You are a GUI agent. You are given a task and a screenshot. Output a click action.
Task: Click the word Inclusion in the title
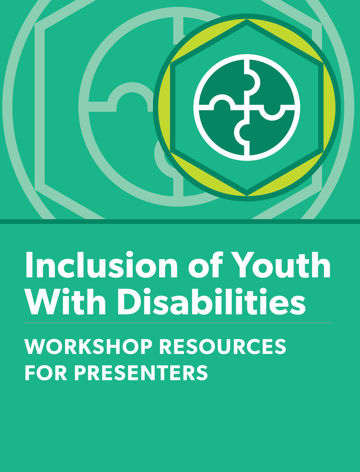tap(102, 265)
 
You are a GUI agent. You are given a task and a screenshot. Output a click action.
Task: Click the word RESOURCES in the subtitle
tap(223, 347)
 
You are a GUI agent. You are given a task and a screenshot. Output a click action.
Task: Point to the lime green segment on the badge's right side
tap(330, 108)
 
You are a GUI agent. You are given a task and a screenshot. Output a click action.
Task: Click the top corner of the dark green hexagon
tap(247, 19)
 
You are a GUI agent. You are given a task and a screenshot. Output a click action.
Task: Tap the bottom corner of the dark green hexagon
tap(247, 196)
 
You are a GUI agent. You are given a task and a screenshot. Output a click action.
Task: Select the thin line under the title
tap(178, 323)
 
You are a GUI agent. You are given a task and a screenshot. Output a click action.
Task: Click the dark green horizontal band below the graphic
tap(180, 222)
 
